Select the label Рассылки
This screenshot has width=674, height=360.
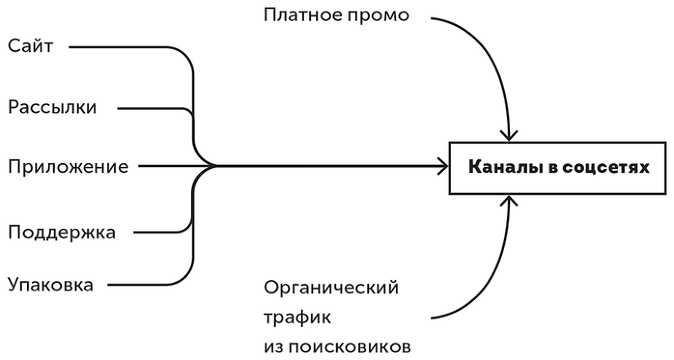(x=52, y=108)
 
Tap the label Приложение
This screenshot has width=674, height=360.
(x=68, y=166)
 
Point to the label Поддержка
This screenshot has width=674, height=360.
(x=62, y=232)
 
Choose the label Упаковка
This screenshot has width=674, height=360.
(x=51, y=285)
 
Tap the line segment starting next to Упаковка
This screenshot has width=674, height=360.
(x=142, y=285)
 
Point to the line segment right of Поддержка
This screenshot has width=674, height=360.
(x=161, y=232)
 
